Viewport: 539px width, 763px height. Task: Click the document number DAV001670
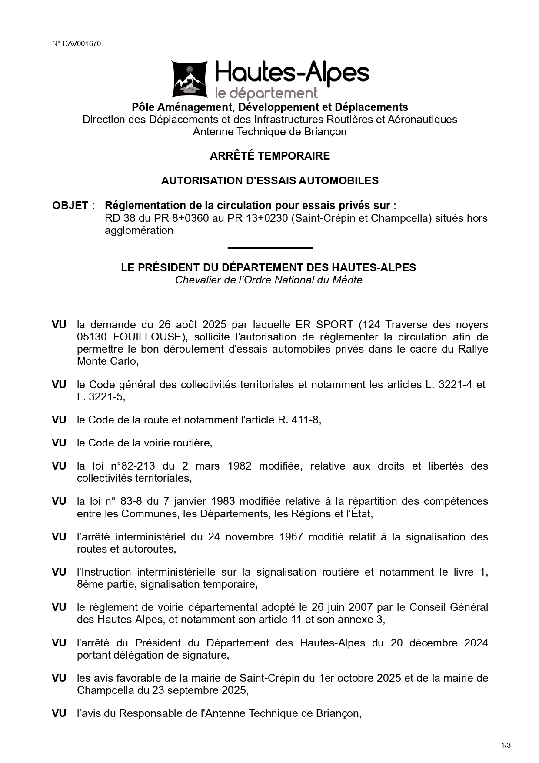click(x=82, y=43)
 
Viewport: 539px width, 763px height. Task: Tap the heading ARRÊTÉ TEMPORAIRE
click(x=269, y=156)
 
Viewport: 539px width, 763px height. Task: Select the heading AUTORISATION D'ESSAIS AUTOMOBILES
click(x=269, y=180)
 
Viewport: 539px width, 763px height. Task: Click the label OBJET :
click(x=73, y=205)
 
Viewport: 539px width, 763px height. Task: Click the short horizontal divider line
click(x=269, y=248)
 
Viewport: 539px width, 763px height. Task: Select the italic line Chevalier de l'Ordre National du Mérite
click(x=269, y=280)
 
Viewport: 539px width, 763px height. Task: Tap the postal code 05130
click(x=93, y=337)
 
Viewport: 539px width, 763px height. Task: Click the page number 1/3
click(x=506, y=746)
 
